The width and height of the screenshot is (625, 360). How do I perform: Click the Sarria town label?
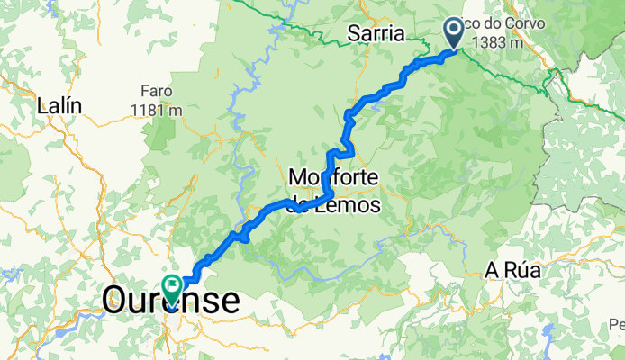pos(376,35)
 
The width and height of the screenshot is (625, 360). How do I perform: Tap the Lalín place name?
pos(59,105)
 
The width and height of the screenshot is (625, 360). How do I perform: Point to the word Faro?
pos(156,91)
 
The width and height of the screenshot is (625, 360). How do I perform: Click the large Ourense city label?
pos(171,300)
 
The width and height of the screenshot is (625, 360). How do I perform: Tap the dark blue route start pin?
pos(454,32)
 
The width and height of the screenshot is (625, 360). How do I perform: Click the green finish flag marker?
pos(172,287)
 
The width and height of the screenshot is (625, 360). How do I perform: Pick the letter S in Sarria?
pos(354,35)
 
